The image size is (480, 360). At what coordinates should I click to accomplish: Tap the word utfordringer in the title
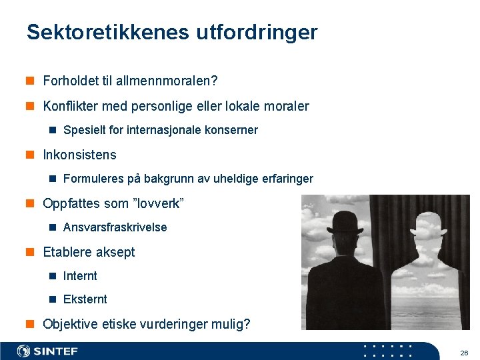coord(257,32)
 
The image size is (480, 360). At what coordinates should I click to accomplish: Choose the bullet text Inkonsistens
coord(79,155)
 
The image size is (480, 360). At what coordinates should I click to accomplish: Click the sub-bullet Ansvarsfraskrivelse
coord(115,227)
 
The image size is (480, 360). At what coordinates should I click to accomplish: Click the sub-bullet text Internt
coord(80,276)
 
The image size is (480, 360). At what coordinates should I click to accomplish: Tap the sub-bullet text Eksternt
coord(85,299)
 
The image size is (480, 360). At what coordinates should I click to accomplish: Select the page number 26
coord(464,352)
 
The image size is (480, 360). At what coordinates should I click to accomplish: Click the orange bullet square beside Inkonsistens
coord(30,155)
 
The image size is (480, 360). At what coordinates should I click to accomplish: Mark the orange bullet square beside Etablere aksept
coord(30,252)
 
